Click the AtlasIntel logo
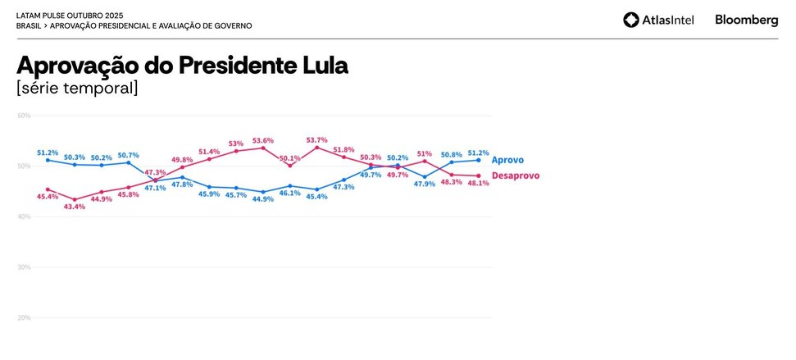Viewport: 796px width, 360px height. tap(658, 20)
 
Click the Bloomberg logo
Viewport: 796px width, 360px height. tap(746, 20)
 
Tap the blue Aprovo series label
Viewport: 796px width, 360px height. tap(507, 160)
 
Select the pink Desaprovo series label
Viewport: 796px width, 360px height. tap(515, 175)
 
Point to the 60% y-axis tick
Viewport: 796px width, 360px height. tap(24, 116)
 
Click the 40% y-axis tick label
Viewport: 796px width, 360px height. tap(24, 216)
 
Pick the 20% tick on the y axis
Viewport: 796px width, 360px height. tap(24, 317)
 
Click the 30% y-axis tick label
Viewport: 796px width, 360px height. tap(24, 267)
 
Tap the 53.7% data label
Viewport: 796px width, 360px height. tap(316, 140)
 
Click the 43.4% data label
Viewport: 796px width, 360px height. tap(75, 207)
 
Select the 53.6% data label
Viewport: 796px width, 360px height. tap(263, 140)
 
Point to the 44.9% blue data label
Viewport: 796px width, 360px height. tap(263, 198)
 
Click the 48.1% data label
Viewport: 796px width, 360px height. tap(478, 183)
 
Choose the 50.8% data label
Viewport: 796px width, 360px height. tap(452, 154)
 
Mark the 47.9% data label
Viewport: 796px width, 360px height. tap(425, 184)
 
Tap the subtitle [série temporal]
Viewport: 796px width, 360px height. tap(77, 88)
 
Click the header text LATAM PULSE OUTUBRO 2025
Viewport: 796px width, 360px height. tap(70, 16)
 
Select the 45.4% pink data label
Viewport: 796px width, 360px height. tap(48, 196)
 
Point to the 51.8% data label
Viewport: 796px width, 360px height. tap(343, 150)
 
